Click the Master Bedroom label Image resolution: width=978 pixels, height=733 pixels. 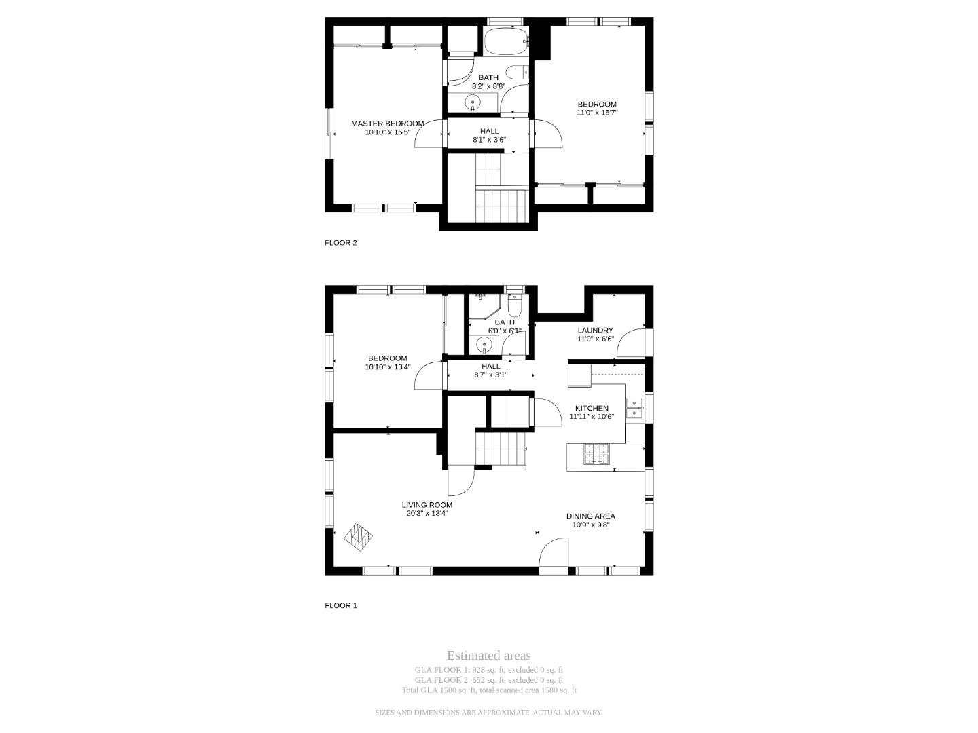tap(387, 124)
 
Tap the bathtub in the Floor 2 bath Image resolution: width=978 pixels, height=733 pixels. tap(506, 41)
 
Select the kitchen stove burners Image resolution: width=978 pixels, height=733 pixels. tap(596, 453)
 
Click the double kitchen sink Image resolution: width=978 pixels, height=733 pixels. tap(634, 408)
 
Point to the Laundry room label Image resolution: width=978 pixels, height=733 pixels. tap(595, 330)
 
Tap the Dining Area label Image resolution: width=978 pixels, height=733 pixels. tap(591, 516)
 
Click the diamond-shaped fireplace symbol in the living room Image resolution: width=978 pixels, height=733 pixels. tap(358, 537)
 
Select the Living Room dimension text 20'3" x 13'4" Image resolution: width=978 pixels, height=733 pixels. tap(427, 513)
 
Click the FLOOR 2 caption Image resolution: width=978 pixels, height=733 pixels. tap(341, 242)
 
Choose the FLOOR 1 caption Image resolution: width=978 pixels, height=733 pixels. tap(341, 605)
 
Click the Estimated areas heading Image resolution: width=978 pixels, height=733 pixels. tap(489, 656)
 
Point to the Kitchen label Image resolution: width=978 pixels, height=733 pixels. tap(592, 408)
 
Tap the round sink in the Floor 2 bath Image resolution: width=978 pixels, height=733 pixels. tap(473, 103)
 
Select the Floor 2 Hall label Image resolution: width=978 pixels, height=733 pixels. tap(489, 131)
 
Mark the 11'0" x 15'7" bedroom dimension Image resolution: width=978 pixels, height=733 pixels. tap(597, 113)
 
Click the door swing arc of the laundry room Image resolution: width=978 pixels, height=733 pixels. tap(626, 338)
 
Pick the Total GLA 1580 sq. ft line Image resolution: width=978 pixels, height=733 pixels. tap(489, 690)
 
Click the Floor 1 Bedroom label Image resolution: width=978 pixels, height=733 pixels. tap(387, 358)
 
